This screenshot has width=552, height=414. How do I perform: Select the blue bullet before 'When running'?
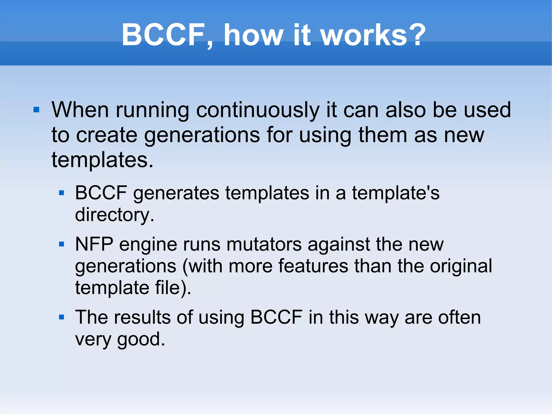(36, 110)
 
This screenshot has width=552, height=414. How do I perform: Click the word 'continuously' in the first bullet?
(258, 111)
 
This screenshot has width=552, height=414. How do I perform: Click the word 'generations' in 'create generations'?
(202, 135)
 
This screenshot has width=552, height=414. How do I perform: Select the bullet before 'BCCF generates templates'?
(62, 193)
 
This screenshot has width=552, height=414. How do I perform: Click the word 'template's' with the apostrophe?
(396, 193)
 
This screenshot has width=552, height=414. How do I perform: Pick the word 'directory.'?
(115, 215)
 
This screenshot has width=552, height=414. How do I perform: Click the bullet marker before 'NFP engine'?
(62, 244)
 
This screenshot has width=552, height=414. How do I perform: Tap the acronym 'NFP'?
(94, 244)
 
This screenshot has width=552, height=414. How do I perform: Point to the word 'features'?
(313, 266)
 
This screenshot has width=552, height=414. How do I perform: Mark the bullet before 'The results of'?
(62, 317)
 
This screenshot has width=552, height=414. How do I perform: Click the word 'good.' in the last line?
(141, 339)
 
